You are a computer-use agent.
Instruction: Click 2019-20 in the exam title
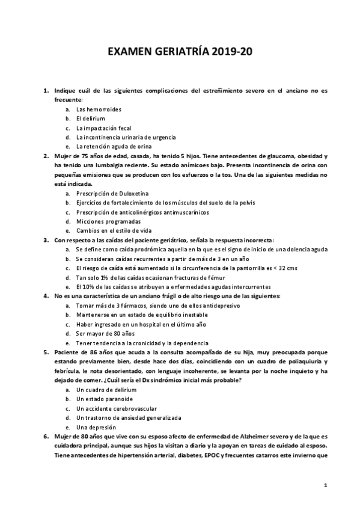click(231, 52)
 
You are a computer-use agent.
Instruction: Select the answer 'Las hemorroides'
click(99, 109)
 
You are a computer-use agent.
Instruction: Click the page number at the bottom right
click(325, 485)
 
